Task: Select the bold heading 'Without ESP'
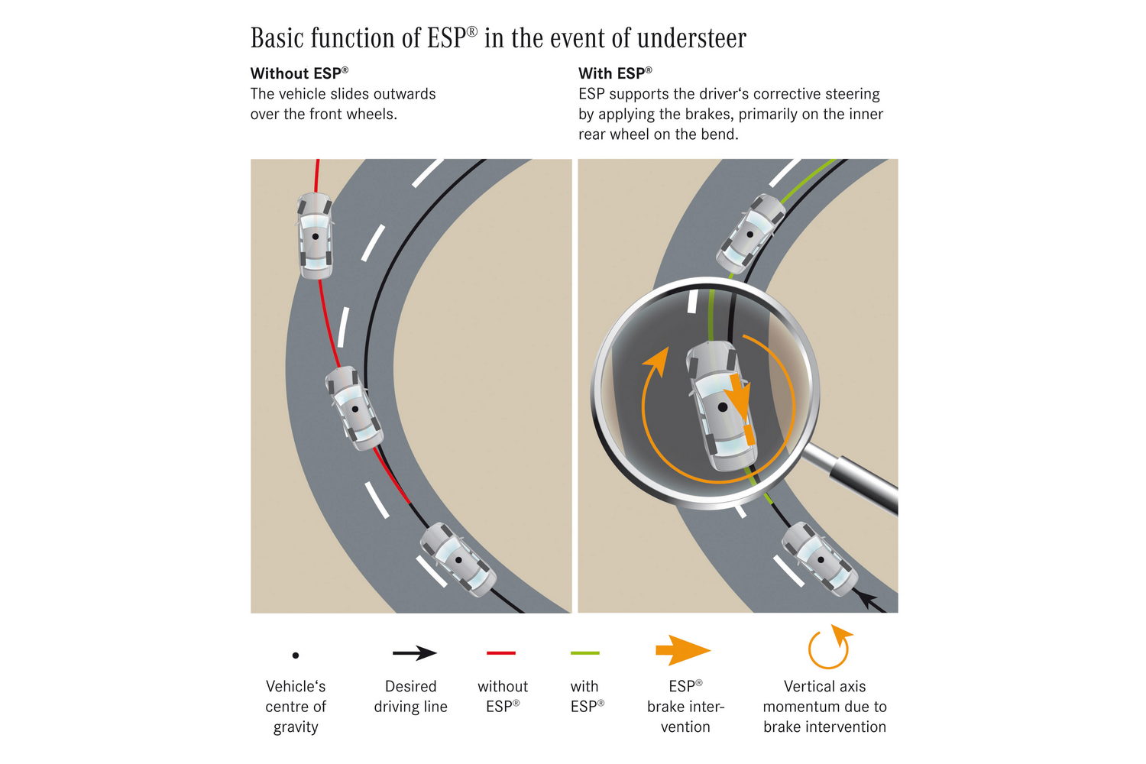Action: click(x=299, y=73)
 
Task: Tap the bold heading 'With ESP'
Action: click(x=615, y=73)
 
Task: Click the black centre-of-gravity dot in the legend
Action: click(x=296, y=655)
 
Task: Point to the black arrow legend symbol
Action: click(x=414, y=653)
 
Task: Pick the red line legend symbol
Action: click(x=501, y=653)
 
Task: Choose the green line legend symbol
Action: click(x=585, y=653)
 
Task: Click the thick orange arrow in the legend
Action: click(x=682, y=651)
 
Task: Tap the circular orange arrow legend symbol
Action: click(x=829, y=648)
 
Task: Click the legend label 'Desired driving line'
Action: click(x=410, y=696)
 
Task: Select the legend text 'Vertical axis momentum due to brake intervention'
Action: click(x=824, y=706)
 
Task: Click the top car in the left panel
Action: click(x=315, y=235)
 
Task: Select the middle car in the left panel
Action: click(x=354, y=407)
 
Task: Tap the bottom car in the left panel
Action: click(x=458, y=559)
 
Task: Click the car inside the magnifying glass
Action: click(x=721, y=406)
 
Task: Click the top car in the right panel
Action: click(x=751, y=228)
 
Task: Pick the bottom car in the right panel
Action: click(x=820, y=559)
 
